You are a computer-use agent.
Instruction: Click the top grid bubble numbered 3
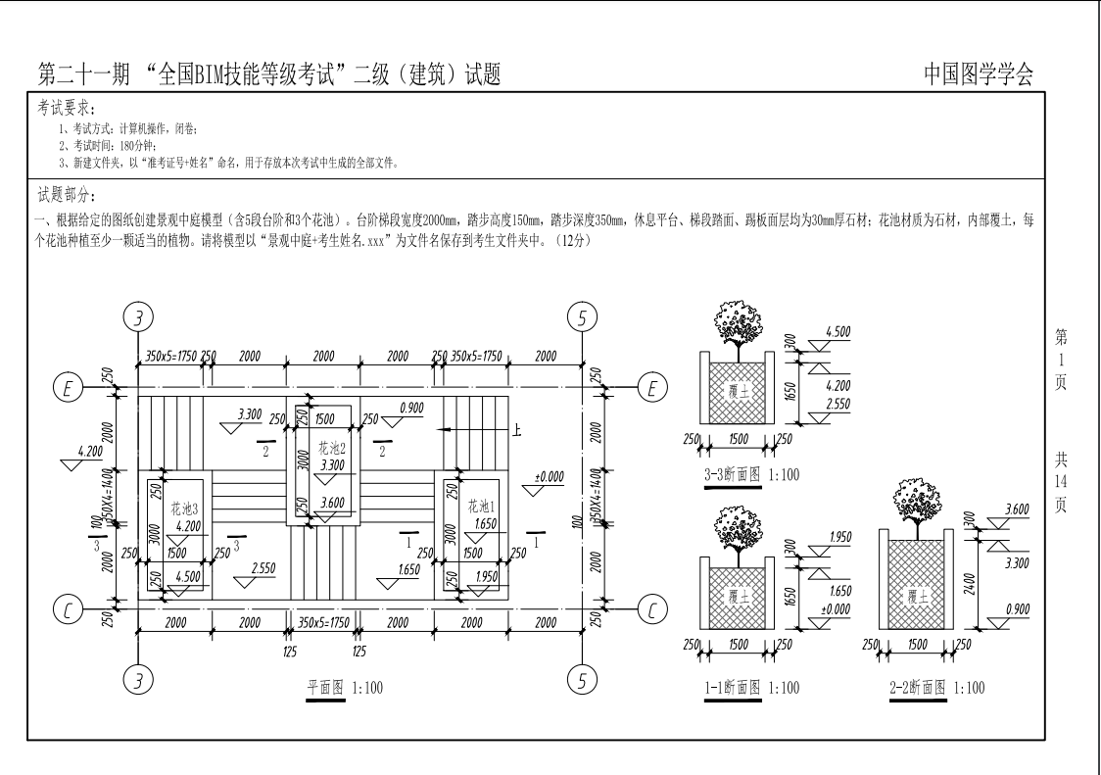(138, 318)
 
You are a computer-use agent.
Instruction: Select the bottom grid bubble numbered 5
(582, 680)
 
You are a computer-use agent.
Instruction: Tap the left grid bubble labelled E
(69, 388)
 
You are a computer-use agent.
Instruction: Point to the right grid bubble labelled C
(652, 609)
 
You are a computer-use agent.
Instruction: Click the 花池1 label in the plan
(482, 506)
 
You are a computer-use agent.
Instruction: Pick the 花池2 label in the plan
(332, 448)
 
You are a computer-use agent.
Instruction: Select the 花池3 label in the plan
(185, 508)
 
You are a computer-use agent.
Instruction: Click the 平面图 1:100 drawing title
(345, 687)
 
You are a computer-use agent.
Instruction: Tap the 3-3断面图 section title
(733, 474)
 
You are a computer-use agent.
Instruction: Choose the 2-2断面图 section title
(918, 687)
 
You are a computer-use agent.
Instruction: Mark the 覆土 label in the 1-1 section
(739, 598)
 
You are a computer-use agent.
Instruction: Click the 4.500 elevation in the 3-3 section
(838, 331)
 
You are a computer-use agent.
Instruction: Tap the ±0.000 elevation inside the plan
(550, 476)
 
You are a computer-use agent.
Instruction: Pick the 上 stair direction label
(517, 429)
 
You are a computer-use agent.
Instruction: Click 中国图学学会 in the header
(979, 73)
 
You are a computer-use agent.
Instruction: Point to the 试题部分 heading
(67, 195)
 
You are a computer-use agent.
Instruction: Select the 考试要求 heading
(67, 108)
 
